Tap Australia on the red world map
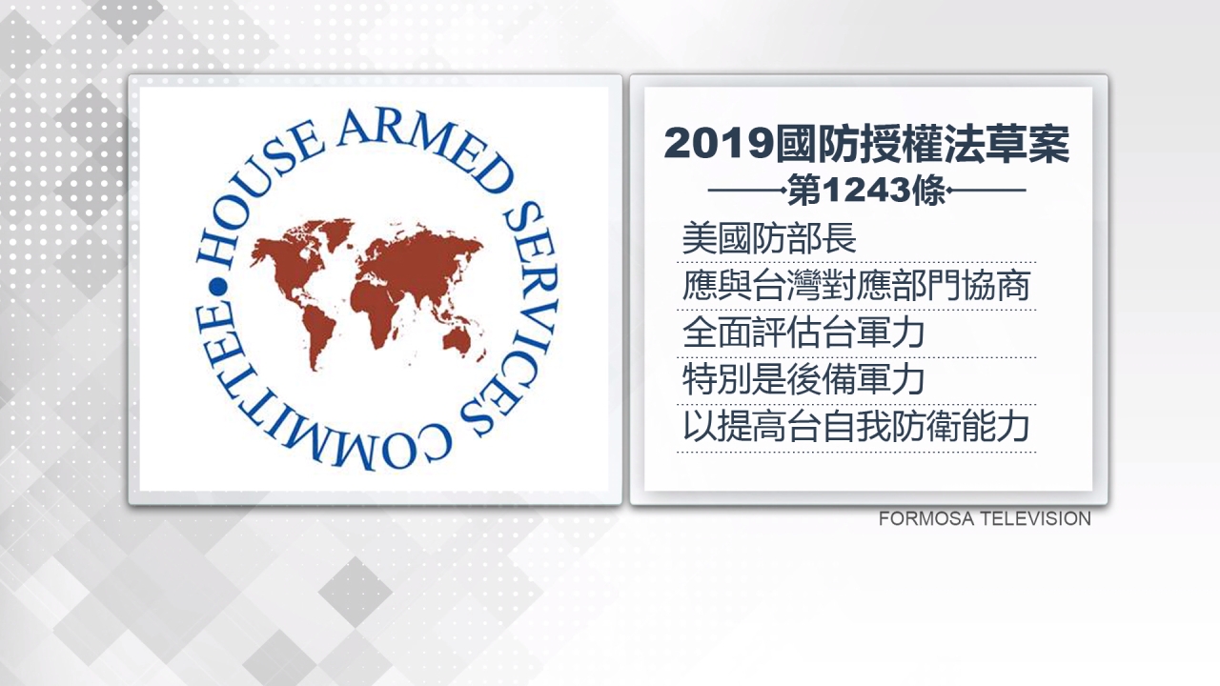pos(457,341)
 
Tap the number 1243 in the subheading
pos(866,192)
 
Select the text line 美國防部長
pos(769,238)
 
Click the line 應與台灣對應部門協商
pos(856,285)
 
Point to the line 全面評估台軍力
pos(803,333)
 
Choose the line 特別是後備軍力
pos(803,379)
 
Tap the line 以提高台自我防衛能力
pos(856,427)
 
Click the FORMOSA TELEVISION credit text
pos(985,519)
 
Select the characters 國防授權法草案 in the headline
pos(923,144)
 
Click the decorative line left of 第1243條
pos(747,191)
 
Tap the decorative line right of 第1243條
pos(986,191)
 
